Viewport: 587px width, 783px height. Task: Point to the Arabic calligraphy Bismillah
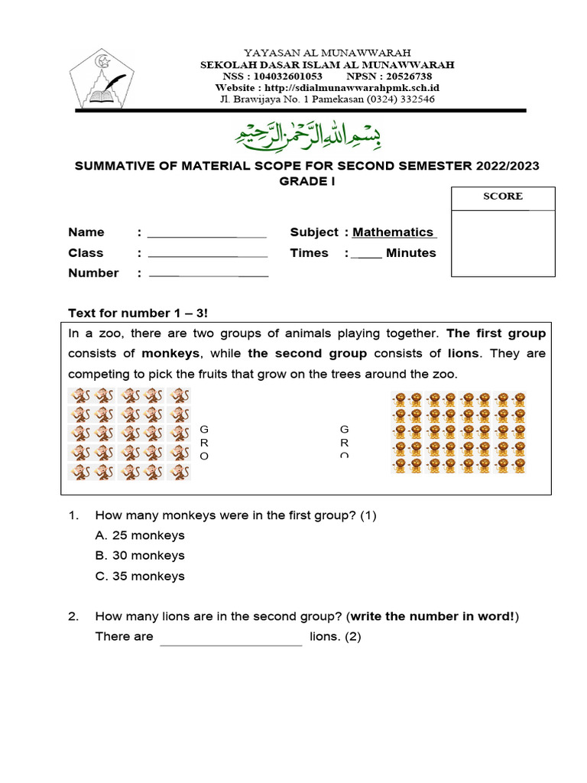(307, 136)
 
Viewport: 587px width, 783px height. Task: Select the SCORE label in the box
(502, 197)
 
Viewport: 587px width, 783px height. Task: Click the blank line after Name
(206, 233)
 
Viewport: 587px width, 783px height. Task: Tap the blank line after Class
(206, 254)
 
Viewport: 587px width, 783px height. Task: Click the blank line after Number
(208, 274)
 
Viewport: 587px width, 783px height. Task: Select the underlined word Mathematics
(394, 232)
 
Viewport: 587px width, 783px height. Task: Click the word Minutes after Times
(410, 253)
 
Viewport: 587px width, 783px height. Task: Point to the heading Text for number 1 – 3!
(138, 313)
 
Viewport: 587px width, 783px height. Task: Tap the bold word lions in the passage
(464, 353)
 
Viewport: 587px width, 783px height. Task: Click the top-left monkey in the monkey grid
(79, 396)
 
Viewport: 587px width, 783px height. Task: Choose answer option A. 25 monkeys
(140, 535)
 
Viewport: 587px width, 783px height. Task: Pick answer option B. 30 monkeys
(140, 556)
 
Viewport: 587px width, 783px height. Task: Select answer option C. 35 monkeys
(140, 577)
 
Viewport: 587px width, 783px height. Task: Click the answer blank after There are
(231, 638)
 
